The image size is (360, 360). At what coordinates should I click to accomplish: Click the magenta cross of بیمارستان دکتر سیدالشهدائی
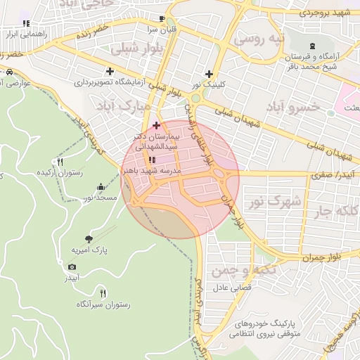pos(156,125)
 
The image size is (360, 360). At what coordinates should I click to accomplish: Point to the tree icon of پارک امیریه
pos(88,239)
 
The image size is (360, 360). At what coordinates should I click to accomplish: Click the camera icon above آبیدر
pos(72,266)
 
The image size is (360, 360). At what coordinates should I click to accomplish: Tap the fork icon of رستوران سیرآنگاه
pos(103,292)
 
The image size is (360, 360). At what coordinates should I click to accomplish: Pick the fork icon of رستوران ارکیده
pos(60,162)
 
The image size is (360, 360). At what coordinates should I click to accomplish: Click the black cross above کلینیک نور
pos(209,74)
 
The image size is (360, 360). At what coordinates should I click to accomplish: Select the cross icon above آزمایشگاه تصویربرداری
pos(110,71)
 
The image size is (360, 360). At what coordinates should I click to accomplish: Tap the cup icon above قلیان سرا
pos(162,18)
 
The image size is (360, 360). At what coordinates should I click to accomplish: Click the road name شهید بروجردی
pos(323,13)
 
